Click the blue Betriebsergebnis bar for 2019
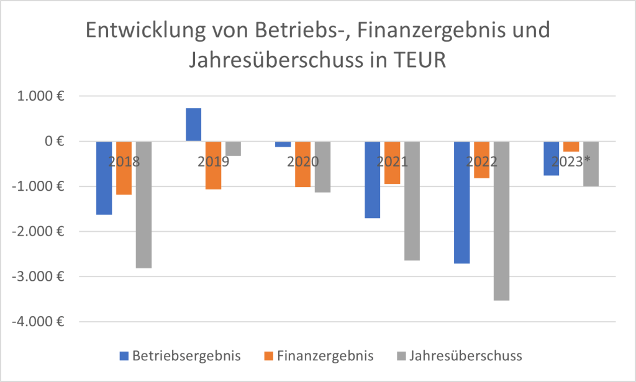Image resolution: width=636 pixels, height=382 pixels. (193, 125)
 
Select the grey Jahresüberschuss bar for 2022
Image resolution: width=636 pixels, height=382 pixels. (501, 221)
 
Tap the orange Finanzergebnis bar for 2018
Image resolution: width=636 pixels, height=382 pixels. (124, 168)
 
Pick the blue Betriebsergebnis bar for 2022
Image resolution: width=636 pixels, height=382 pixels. (461, 202)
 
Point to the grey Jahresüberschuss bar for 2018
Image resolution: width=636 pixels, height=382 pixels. (143, 204)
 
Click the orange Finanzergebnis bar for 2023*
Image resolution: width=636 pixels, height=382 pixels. (571, 147)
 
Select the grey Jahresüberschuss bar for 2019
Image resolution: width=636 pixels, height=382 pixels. (233, 148)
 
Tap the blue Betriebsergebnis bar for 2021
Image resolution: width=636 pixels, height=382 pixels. (372, 180)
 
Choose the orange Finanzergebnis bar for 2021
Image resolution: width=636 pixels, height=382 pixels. (392, 163)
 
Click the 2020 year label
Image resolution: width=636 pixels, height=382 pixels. (302, 162)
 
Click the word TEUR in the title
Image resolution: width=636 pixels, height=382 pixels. (414, 61)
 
